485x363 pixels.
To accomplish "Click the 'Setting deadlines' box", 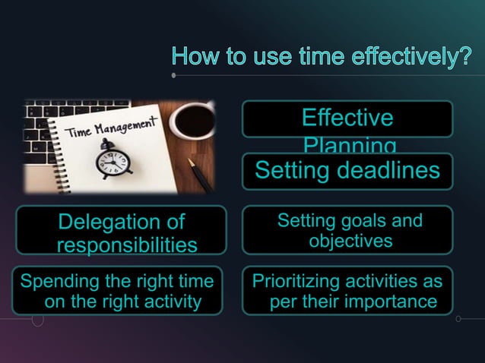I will [x=347, y=171].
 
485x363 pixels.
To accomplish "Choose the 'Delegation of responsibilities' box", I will [x=121, y=230].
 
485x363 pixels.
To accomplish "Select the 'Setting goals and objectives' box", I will [x=347, y=230].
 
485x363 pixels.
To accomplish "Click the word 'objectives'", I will [x=350, y=241].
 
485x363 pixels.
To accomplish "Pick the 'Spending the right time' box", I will [x=117, y=291].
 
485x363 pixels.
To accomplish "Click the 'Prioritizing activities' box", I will [x=347, y=291].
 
